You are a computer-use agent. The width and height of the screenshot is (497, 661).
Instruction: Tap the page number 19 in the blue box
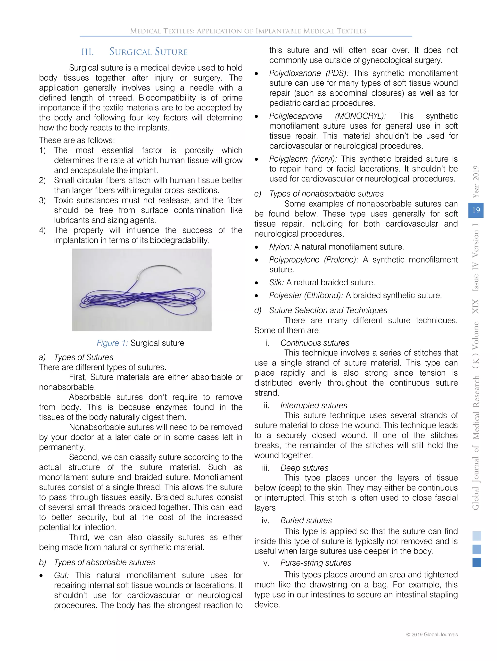[476, 210]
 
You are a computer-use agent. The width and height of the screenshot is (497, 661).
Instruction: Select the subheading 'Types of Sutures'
[83, 357]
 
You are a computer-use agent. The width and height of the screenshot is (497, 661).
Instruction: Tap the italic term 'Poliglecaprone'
[296, 116]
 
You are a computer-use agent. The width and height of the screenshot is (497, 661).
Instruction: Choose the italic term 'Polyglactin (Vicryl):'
[303, 159]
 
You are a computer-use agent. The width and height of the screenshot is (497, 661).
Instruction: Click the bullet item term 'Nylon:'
[280, 247]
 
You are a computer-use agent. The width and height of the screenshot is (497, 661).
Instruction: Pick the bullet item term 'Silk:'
[276, 282]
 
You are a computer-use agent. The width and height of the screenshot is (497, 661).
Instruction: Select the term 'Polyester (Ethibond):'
[306, 295]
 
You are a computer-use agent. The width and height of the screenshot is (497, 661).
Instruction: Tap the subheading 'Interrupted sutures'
[314, 405]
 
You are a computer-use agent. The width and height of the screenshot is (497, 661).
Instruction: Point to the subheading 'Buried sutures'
[306, 520]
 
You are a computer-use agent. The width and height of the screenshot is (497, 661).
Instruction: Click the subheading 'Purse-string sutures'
[315, 563]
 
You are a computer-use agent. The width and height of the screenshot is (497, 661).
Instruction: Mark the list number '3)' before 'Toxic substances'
[42, 200]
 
